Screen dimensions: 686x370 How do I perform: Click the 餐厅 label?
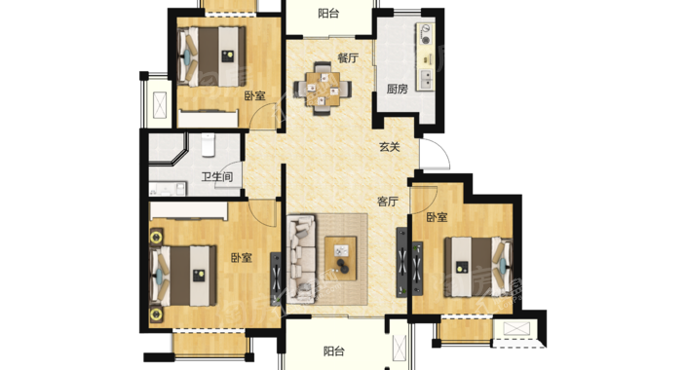[348, 57]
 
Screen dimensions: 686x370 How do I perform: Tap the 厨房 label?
[398, 90]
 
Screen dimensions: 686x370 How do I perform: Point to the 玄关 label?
[390, 147]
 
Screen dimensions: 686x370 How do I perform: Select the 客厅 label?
[388, 202]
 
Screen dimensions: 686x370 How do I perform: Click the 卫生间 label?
[217, 177]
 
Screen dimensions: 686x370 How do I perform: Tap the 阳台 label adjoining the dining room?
[328, 14]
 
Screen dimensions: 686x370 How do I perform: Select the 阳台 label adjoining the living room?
[334, 351]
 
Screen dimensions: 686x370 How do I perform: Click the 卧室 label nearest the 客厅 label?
[438, 217]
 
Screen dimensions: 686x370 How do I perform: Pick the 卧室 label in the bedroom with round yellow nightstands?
[242, 258]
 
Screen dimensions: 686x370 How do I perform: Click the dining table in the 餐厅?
[323, 89]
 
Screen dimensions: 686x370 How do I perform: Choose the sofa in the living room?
[301, 259]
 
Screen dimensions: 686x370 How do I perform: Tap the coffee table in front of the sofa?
[341, 258]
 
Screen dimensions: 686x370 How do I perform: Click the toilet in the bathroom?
[209, 145]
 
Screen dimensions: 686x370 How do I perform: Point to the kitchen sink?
[425, 80]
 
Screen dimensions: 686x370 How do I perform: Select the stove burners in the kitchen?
[425, 34]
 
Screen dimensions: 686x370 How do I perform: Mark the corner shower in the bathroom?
[168, 149]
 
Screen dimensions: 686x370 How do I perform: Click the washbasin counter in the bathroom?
[168, 189]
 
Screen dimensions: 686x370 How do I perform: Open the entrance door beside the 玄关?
[435, 154]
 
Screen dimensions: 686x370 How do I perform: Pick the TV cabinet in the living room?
[401, 262]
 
